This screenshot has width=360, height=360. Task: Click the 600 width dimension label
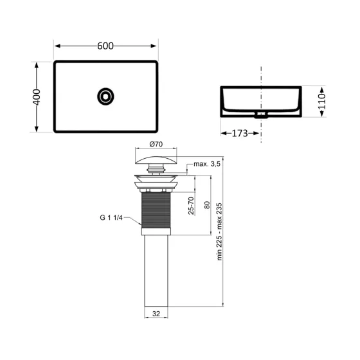pyautogui.click(x=106, y=46)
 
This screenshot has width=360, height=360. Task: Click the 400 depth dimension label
pyautogui.click(x=37, y=96)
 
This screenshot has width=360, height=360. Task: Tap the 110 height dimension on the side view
pyautogui.click(x=323, y=101)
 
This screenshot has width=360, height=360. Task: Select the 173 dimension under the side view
pyautogui.click(x=240, y=133)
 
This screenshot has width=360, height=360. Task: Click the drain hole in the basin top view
pyautogui.click(x=105, y=96)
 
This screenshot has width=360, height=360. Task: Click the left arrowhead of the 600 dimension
pyautogui.click(x=57, y=46)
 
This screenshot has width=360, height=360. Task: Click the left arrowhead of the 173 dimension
pyautogui.click(x=222, y=133)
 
